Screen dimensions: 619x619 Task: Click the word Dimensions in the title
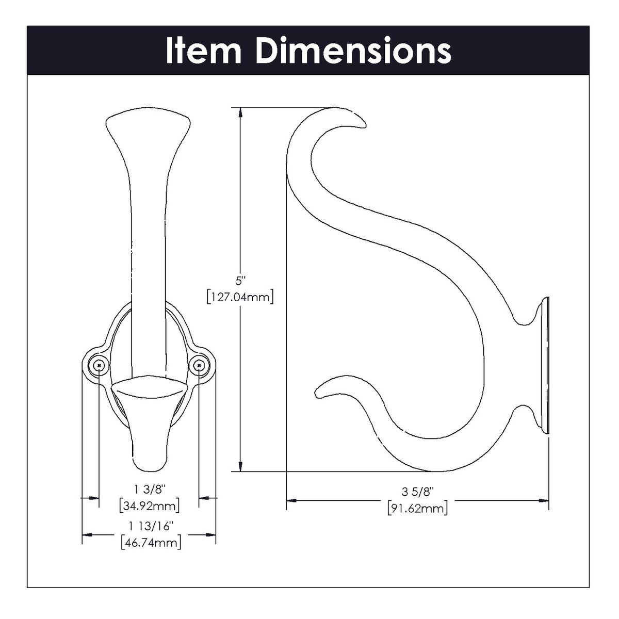[353, 51]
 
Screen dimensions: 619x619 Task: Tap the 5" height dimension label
[240, 282]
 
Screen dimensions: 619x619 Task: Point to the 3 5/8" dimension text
[417, 491]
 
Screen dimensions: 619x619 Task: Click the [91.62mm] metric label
[417, 508]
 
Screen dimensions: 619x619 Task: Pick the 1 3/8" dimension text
[149, 488]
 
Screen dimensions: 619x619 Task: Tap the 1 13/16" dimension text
[149, 526]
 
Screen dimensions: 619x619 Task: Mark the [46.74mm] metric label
[149, 543]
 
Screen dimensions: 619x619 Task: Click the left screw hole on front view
[99, 365]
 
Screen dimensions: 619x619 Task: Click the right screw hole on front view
[199, 365]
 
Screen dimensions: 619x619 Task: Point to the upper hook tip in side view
[361, 122]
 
